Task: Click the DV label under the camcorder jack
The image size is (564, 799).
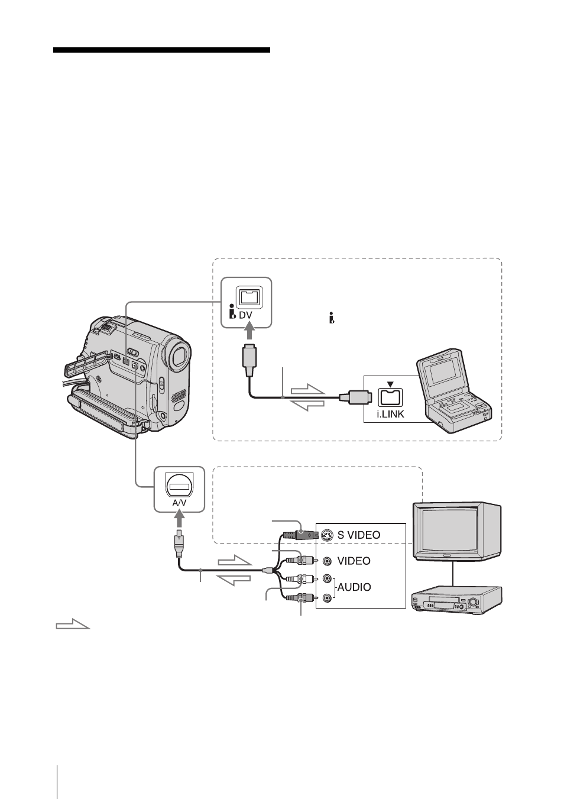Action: coord(245,316)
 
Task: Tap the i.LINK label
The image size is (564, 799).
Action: coord(390,415)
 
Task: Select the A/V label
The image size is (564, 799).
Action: coord(179,503)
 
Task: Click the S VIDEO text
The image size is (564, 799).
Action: coord(359,535)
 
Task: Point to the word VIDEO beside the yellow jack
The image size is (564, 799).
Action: coord(354,561)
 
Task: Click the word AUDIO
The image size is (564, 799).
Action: coord(354,587)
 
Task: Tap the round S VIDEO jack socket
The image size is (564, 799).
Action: coord(327,535)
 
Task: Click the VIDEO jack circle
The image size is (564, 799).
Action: coord(327,561)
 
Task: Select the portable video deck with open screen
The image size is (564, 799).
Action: coord(454,390)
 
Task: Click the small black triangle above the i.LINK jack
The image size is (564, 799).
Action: coord(391,384)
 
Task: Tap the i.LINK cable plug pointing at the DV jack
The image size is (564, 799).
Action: coord(249,360)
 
